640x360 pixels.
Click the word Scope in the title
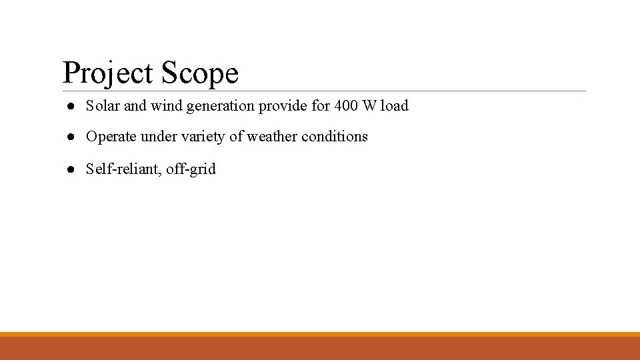click(x=199, y=73)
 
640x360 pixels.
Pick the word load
click(x=395, y=105)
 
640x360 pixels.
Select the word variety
click(x=202, y=137)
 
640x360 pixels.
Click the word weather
click(x=271, y=137)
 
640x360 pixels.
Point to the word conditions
click(x=335, y=137)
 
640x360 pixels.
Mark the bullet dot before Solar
click(x=70, y=106)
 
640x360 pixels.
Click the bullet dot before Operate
click(x=70, y=137)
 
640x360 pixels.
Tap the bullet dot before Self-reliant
click(x=70, y=169)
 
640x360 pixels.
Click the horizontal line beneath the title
click(x=400, y=91)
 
